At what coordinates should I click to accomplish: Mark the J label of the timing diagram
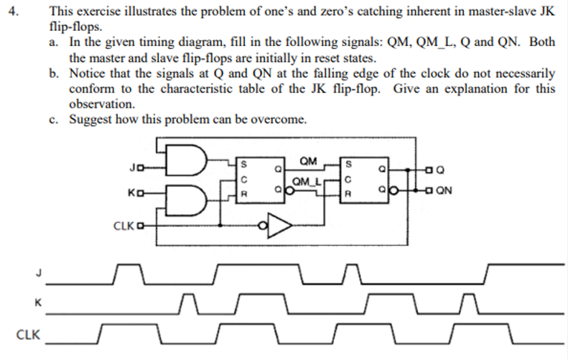(x=31, y=272)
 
